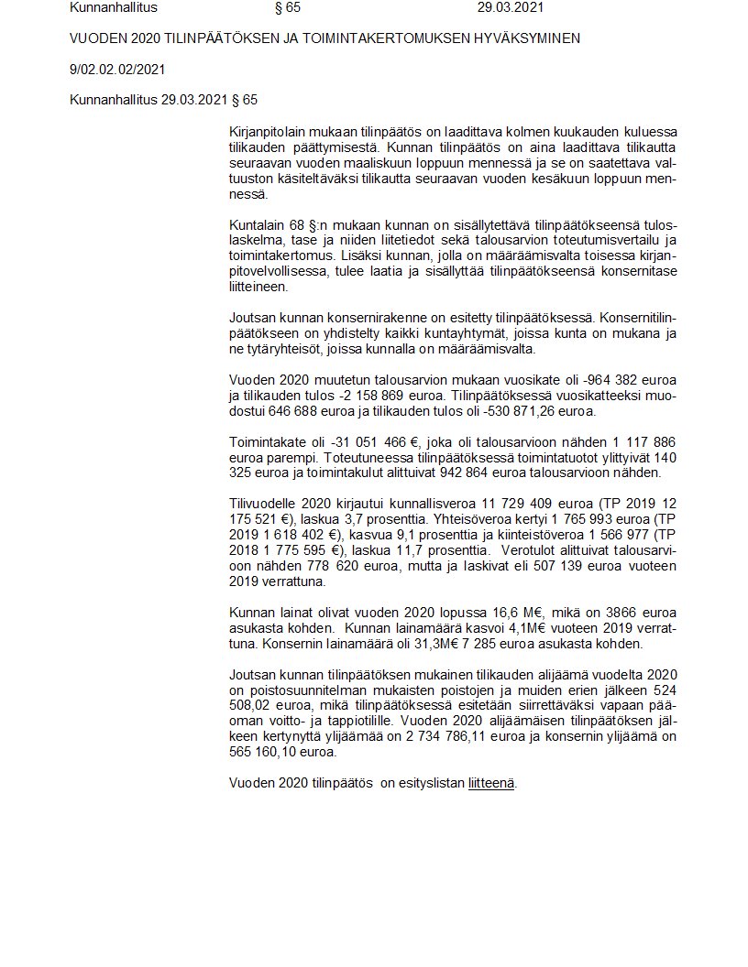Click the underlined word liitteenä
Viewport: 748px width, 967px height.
click(x=491, y=783)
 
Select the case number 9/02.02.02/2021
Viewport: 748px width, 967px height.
click(x=117, y=69)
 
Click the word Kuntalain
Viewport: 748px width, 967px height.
click(x=258, y=225)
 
